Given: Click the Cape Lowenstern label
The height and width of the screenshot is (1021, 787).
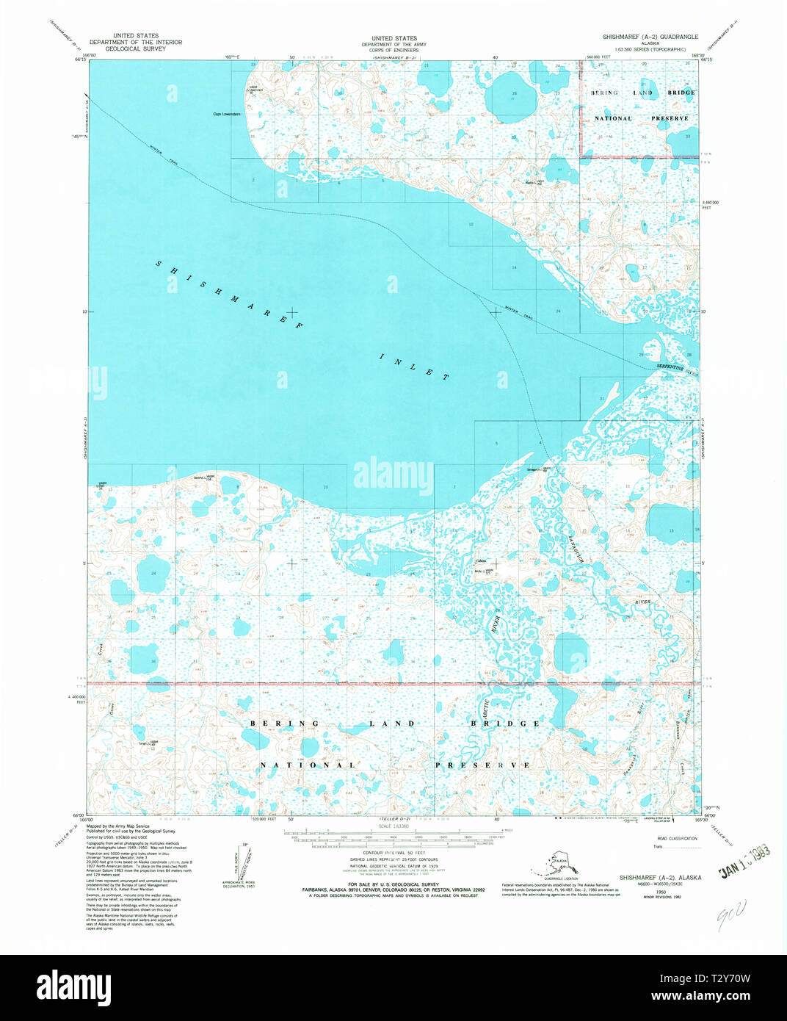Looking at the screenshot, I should [227, 114].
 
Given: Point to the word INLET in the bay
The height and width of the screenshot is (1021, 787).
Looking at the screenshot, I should [415, 366].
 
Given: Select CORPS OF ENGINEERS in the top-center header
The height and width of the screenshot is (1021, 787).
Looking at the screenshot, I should [393, 49].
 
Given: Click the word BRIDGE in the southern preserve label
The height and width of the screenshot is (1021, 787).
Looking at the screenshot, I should [505, 724].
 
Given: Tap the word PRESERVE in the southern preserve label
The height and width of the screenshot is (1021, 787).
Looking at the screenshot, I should [482, 765].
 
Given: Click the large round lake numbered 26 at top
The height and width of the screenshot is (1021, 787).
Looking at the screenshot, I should [513, 95].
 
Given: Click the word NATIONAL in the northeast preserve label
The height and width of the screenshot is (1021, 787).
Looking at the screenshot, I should [613, 118].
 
